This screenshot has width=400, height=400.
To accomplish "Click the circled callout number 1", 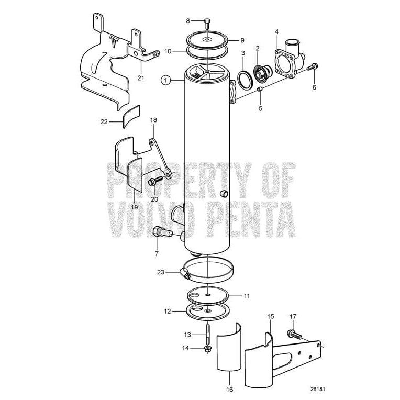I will (165, 80).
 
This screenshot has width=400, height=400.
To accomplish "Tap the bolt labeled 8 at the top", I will (208, 23).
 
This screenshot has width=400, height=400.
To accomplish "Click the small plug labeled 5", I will (260, 92).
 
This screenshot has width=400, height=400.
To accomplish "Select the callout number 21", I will (140, 78).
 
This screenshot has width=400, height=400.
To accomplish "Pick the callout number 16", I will (230, 390).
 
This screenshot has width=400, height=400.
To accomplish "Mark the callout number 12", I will (168, 311).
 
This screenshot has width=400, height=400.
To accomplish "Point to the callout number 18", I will (153, 120).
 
